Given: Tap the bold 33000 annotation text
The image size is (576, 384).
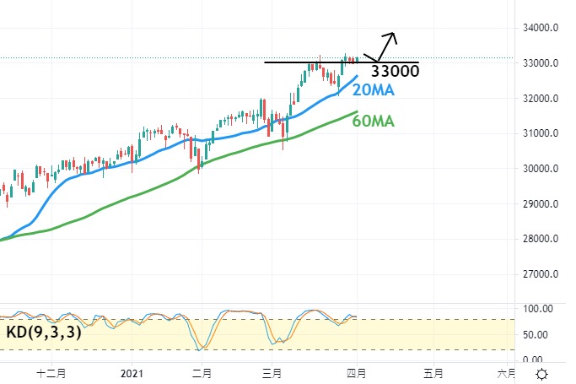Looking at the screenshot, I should point(395,72).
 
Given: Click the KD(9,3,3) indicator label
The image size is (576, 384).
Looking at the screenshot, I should point(43,333).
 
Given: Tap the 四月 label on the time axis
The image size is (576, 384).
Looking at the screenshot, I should point(356,372).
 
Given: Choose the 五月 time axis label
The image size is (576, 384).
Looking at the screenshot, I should point(433,372).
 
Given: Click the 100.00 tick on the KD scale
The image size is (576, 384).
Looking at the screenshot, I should point(536,309).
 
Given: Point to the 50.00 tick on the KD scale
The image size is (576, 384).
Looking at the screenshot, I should point(536,334).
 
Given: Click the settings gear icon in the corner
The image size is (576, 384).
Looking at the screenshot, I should point(544,373).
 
